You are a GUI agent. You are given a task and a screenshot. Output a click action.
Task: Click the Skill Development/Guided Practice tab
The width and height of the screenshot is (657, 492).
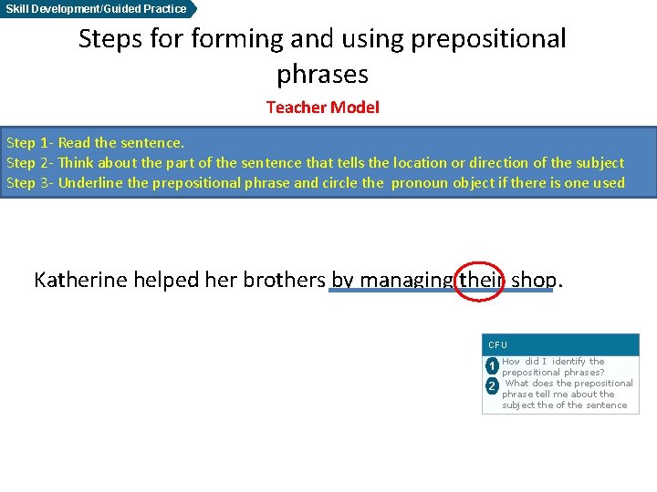pos(97,9)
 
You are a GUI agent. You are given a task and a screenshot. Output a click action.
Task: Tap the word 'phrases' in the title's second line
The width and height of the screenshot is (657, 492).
pos(322,73)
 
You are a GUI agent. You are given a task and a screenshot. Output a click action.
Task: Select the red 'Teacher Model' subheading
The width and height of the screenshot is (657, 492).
pos(322,108)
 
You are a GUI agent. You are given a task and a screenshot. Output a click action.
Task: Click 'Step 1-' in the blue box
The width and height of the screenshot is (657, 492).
pos(29,143)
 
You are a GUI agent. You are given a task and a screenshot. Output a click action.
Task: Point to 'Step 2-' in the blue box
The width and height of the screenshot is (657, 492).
pos(29,163)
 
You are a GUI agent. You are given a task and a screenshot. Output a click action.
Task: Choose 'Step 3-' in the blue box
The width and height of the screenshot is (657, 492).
pos(29,183)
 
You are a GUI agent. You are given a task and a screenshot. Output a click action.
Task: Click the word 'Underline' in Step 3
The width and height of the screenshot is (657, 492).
pos(90,183)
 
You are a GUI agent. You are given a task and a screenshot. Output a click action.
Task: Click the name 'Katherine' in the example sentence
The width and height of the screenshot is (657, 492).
pos(81,280)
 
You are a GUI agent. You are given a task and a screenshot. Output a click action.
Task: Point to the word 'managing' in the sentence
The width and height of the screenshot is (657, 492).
pos(408,281)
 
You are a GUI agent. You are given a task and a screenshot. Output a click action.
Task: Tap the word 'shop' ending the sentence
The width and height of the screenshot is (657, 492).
pos(532,280)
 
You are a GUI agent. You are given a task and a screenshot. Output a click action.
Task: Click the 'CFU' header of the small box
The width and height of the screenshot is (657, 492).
pos(497,345)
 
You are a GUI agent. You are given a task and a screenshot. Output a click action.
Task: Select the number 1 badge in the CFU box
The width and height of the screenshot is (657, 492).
pos(491,366)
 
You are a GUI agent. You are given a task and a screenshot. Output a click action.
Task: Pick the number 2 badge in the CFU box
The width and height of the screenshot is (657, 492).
pos(491,386)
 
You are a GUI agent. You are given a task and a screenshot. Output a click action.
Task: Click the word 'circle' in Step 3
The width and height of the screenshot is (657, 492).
pos(336,183)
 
